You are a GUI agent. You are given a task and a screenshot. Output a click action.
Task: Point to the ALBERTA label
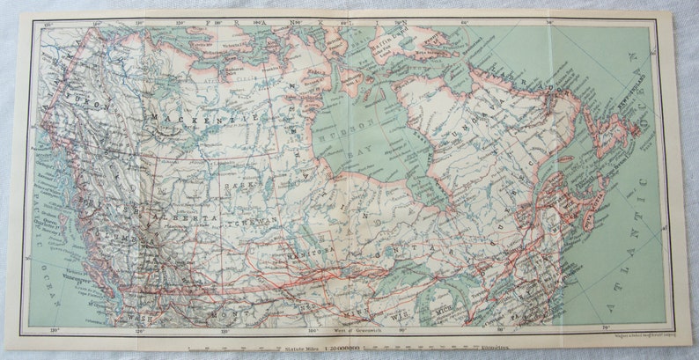(x=182, y=217)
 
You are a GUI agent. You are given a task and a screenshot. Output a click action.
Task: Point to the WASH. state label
(x=139, y=315)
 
